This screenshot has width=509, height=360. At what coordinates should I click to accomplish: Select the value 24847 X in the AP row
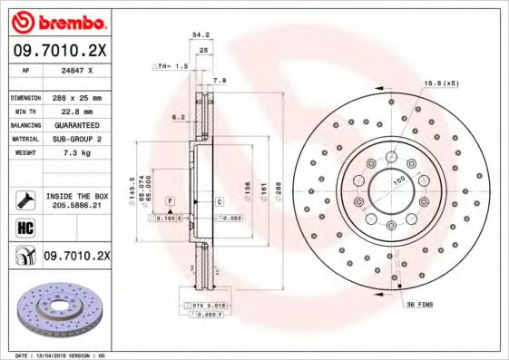73,69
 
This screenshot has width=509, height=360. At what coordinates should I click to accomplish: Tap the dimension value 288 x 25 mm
75,97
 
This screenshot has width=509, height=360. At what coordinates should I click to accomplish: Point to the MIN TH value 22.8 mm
68,111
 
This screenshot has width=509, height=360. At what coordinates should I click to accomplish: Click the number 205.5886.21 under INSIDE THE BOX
76,206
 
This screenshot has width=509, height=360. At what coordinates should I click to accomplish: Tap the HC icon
24,228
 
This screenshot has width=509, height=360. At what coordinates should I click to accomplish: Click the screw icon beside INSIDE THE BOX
24,199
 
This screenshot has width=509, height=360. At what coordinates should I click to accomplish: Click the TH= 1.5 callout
171,67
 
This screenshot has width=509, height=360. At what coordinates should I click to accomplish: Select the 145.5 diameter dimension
132,190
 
